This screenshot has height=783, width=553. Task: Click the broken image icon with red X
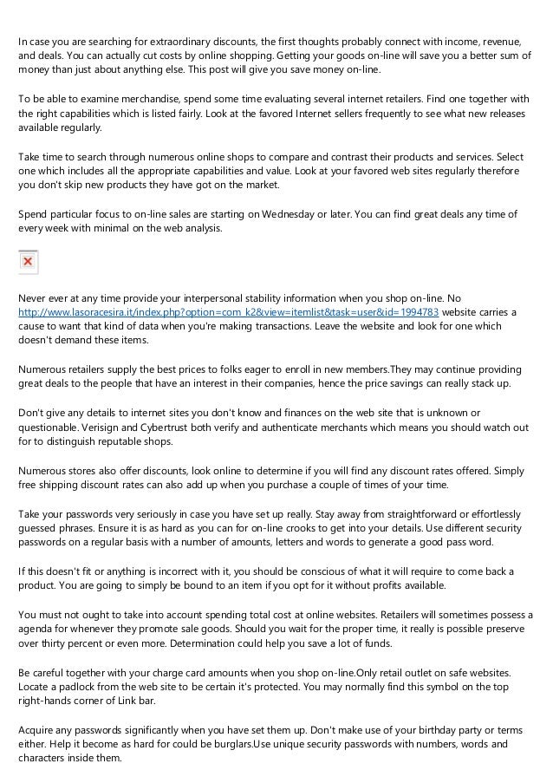coord(28,260)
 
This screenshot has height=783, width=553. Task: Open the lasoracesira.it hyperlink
coord(228,312)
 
